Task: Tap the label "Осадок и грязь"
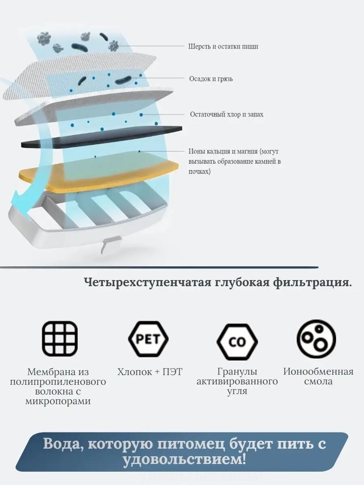tap(211, 79)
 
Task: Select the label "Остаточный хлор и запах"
tap(226, 114)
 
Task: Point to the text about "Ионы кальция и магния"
tap(235, 161)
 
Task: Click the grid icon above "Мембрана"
tap(60, 339)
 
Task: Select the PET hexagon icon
tap(148, 339)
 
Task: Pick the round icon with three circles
tap(316, 339)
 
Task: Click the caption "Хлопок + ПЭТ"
tap(150, 372)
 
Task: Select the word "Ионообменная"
tap(318, 372)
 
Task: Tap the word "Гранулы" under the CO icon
tap(237, 372)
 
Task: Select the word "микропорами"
tap(58, 401)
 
